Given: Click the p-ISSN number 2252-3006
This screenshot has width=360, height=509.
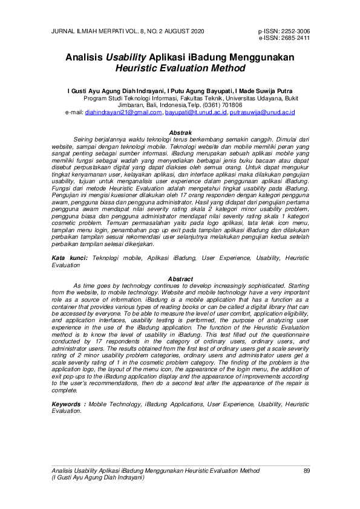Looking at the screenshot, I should pyautogui.click(x=295, y=31).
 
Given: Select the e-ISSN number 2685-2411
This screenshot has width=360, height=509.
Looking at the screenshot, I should pyautogui.click(x=295, y=37).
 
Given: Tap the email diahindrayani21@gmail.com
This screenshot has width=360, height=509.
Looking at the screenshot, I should pyautogui.click(x=123, y=112).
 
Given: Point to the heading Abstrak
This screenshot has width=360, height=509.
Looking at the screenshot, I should pyautogui.click(x=180, y=132).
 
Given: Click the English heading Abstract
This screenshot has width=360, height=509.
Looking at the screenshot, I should pyautogui.click(x=180, y=279).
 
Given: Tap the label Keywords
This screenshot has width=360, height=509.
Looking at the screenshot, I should pyautogui.click(x=67, y=386).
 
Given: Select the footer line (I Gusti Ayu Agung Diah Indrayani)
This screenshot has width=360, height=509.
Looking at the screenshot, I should pyautogui.click(x=98, y=477).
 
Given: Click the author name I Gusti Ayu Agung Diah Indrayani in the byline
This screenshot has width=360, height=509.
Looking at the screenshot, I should pyautogui.click(x=116, y=89).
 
